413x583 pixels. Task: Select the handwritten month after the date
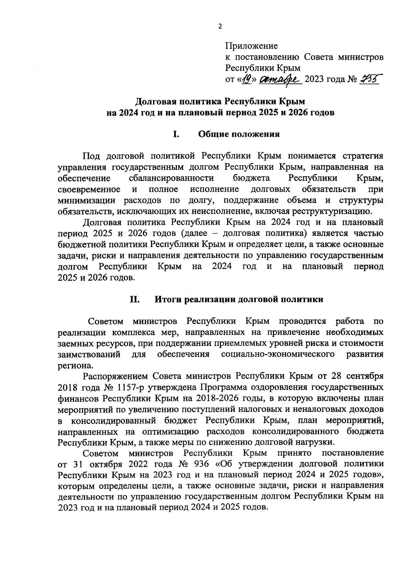point(281,79)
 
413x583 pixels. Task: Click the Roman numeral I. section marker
point(176,134)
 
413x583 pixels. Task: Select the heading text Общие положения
point(239,134)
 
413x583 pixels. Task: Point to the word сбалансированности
point(171,178)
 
